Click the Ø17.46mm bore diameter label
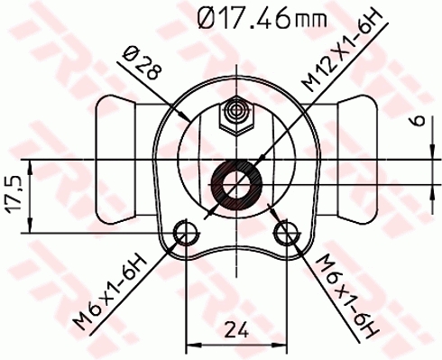coord(258,19)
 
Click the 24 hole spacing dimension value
coord(237,329)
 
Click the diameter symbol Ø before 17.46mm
coord(206,19)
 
